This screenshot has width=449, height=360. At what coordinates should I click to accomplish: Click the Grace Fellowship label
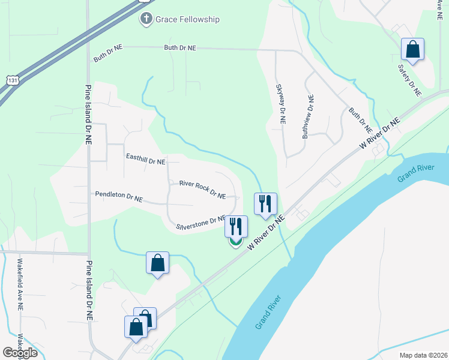pos(188,19)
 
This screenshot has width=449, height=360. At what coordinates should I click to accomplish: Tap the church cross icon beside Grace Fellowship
pos(145,19)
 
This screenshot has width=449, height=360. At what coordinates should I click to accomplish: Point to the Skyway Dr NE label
pos(280,104)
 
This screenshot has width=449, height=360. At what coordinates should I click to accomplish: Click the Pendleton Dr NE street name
pos(119,196)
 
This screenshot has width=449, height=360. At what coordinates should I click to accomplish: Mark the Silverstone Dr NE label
pos(200,223)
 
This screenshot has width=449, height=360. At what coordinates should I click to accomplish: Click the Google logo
pos(20,352)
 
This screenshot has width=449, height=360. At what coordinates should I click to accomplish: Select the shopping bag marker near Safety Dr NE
pos(412,49)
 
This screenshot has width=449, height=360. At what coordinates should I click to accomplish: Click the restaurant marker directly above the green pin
pos(236,226)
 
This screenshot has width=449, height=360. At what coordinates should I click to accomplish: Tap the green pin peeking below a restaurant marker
pos(236,243)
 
